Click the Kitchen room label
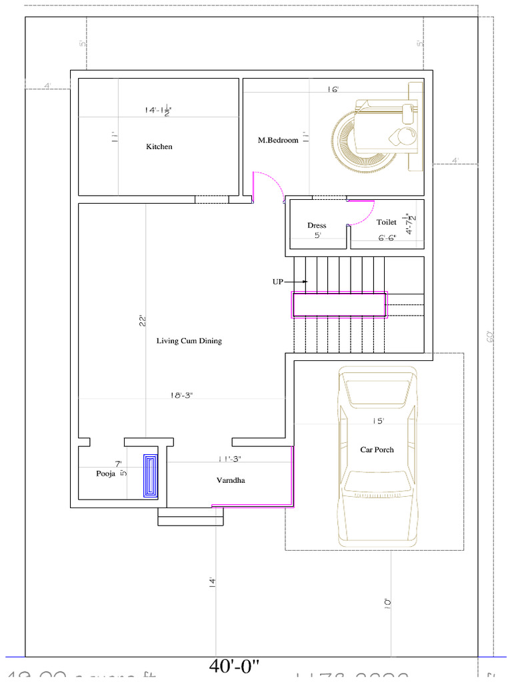point(159,147)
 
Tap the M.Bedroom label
point(278,141)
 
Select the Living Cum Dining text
point(189,341)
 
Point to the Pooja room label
point(106,474)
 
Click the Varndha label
point(230,480)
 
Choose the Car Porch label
point(377,450)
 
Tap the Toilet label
point(387,222)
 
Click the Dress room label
point(317,225)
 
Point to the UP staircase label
point(278,282)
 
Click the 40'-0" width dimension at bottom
point(234,665)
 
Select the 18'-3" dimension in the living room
point(182,395)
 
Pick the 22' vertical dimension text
point(143,320)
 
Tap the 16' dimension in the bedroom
point(333,89)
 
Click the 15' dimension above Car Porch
point(379,421)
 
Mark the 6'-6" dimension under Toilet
point(387,237)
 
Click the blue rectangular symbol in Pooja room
point(151,476)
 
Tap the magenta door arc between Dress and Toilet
point(364,213)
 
